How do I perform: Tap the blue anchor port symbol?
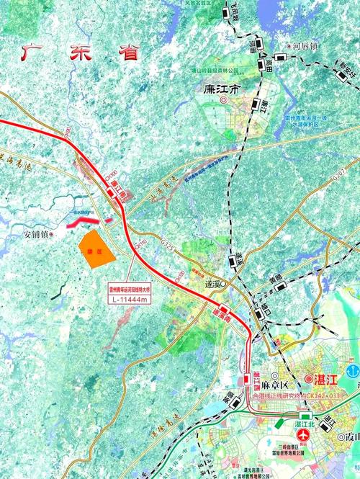(353, 371)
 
